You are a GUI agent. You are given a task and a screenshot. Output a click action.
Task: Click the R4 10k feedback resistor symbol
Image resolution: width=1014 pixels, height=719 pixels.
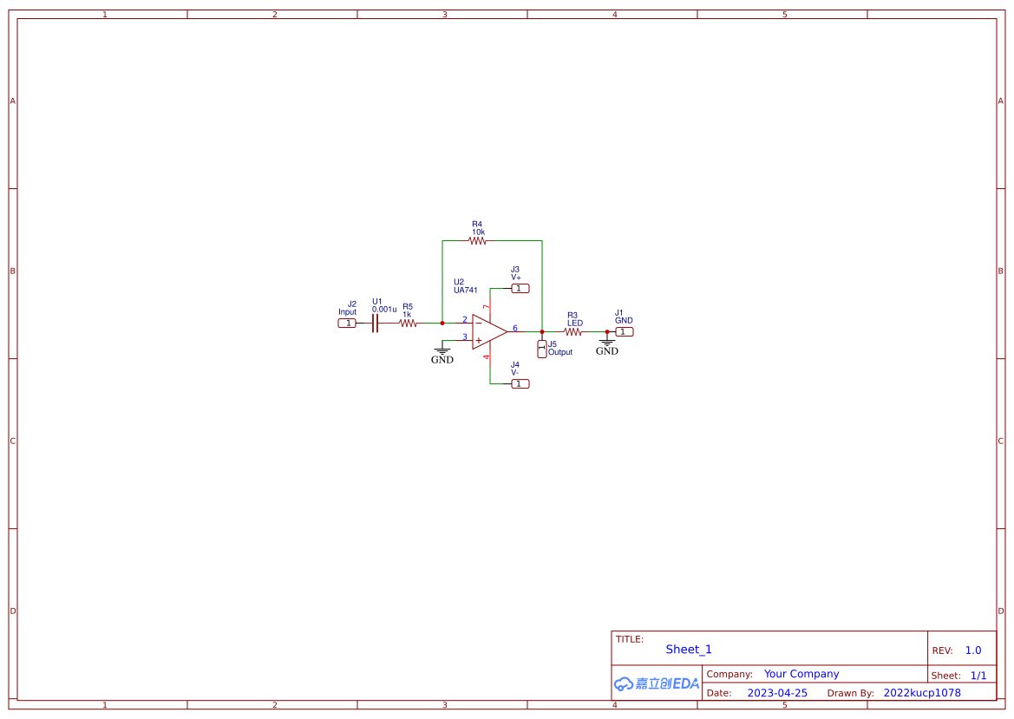point(478,241)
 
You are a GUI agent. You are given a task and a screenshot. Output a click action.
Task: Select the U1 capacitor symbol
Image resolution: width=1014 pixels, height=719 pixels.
point(376,324)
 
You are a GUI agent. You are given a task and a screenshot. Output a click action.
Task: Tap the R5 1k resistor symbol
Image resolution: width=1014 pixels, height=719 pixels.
point(408,324)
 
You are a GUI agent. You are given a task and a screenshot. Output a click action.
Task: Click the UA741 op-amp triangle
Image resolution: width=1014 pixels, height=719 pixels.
point(488,331)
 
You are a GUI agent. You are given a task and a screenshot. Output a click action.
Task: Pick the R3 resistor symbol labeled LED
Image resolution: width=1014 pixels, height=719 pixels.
point(572,331)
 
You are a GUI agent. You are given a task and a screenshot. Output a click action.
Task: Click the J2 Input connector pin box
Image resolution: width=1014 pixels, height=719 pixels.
point(347,324)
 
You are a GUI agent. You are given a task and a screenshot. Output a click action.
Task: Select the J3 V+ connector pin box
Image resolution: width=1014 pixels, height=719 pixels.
point(520,288)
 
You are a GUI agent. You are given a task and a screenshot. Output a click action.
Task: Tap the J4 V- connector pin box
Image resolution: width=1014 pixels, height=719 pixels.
point(520,383)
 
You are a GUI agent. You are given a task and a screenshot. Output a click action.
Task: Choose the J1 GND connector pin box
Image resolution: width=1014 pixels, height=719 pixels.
point(625,331)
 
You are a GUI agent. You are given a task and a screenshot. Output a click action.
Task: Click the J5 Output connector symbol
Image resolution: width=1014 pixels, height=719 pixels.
point(542,349)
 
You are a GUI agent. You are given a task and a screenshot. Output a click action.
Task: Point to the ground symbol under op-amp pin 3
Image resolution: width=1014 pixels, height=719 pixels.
point(442,351)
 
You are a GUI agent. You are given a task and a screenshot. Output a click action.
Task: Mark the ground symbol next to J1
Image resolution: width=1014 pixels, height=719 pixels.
point(607,343)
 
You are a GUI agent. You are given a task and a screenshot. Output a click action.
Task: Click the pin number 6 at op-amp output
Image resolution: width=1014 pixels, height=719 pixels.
point(514,328)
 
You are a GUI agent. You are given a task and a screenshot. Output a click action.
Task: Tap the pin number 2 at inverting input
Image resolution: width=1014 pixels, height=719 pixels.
point(464,319)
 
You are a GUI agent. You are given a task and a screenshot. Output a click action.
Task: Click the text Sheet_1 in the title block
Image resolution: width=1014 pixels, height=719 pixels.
point(689,650)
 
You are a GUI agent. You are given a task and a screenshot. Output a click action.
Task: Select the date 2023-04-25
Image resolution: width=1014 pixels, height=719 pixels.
point(777,693)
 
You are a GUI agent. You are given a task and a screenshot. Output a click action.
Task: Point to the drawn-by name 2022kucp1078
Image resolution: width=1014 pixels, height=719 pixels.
point(922,693)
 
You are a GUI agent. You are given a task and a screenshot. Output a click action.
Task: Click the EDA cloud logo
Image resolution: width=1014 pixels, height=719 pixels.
point(657,683)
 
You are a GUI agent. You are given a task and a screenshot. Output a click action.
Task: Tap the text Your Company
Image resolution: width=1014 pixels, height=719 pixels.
point(801,674)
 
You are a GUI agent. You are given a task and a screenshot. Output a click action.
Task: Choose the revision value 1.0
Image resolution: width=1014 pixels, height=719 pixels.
point(973,650)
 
